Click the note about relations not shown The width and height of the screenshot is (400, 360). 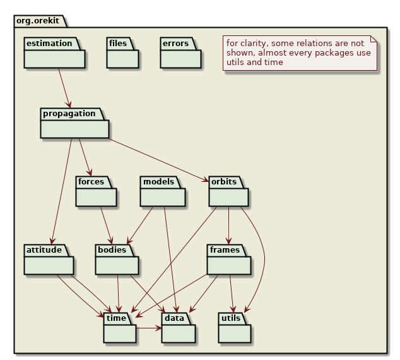(x=300, y=53)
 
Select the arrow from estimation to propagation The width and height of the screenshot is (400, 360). (x=64, y=88)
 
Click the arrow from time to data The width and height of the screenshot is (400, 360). (x=149, y=328)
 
